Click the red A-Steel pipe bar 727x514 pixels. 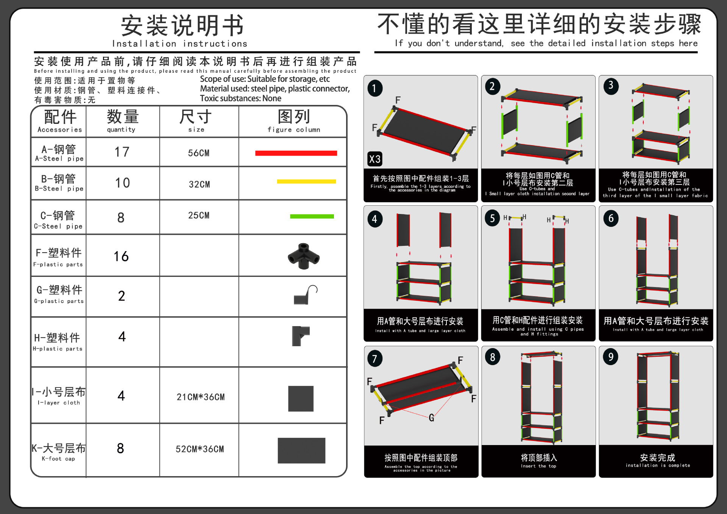pyautogui.click(x=296, y=153)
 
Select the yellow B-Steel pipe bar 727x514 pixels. pyautogui.click(x=306, y=181)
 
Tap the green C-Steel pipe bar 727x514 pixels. pyautogui.click(x=312, y=216)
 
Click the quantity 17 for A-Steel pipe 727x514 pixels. pyautogui.click(x=122, y=152)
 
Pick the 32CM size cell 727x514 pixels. pyautogui.click(x=199, y=184)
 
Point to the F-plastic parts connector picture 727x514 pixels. pyautogui.click(x=304, y=256)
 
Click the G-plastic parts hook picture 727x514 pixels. pyautogui.click(x=305, y=295)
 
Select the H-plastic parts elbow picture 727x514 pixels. pyautogui.click(x=300, y=336)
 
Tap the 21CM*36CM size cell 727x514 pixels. pyautogui.click(x=200, y=397)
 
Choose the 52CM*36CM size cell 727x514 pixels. pyautogui.click(x=200, y=449)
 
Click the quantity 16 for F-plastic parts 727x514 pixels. pyautogui.click(x=121, y=256)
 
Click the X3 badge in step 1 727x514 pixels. pyautogui.click(x=375, y=159)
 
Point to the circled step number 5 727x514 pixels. pyautogui.click(x=492, y=219)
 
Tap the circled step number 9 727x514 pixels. pyautogui.click(x=610, y=357)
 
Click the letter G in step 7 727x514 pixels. pyautogui.click(x=431, y=418)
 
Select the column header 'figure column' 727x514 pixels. pyautogui.click(x=293, y=130)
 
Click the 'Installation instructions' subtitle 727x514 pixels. pyautogui.click(x=179, y=44)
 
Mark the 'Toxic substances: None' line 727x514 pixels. pyautogui.click(x=240, y=98)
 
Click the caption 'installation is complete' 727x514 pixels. pyautogui.click(x=658, y=465)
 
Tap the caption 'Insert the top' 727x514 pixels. pyautogui.click(x=538, y=466)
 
